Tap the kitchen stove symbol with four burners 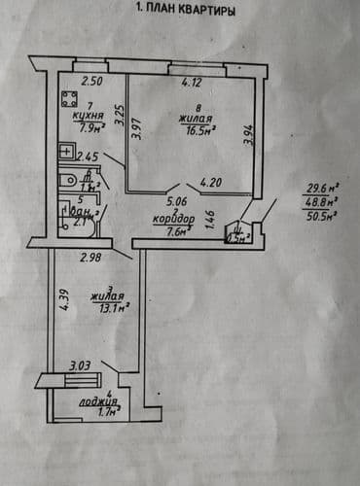(x=68, y=97)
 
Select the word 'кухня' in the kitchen (x=90, y=116)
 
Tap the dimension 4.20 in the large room (x=213, y=182)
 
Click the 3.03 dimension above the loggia (x=79, y=365)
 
